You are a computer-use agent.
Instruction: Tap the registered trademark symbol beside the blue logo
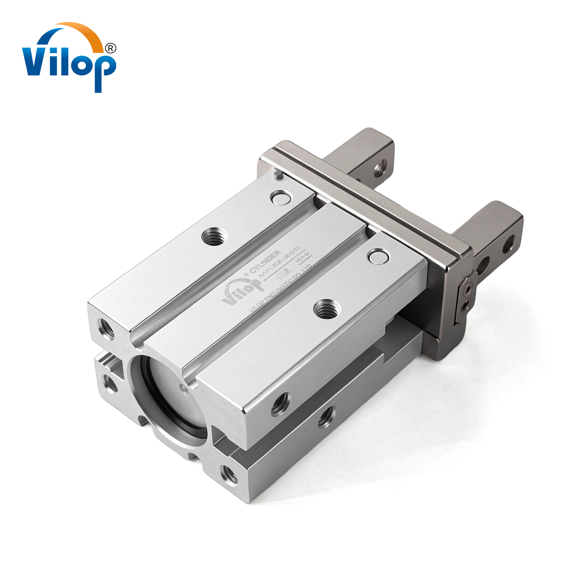click(110, 48)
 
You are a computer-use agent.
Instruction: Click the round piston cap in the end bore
click(172, 401)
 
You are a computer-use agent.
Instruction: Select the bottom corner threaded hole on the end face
click(229, 474)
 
